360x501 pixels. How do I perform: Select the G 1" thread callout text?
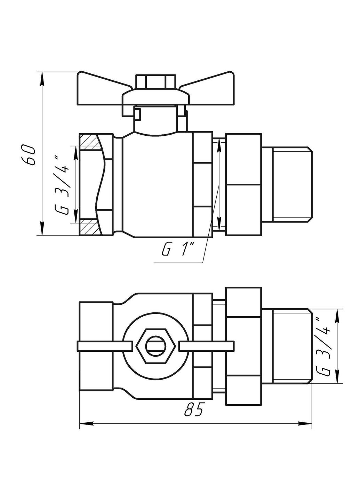[179, 249]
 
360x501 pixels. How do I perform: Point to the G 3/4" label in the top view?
[323, 347]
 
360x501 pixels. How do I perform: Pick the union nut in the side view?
[243, 184]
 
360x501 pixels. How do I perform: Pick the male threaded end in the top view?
[286, 346]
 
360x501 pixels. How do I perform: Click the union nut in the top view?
[243, 346]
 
